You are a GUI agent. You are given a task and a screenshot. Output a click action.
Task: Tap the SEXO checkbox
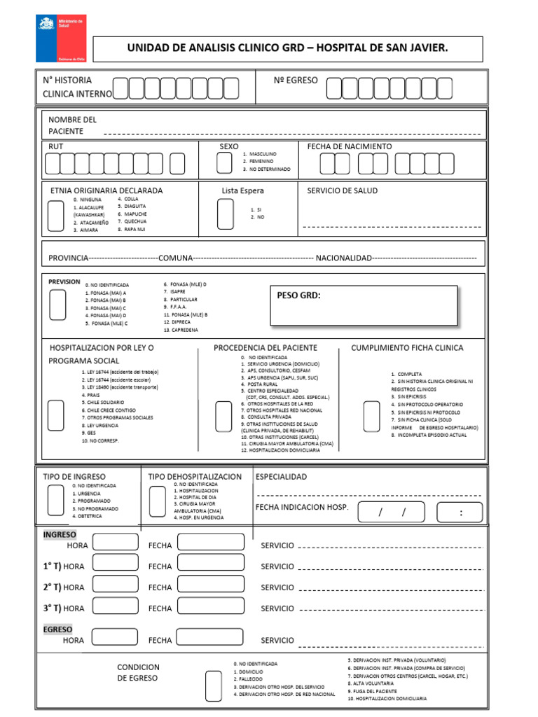[224, 162]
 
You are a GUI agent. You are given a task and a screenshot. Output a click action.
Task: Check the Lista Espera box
[225, 214]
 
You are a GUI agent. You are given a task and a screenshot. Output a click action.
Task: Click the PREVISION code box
[57, 305]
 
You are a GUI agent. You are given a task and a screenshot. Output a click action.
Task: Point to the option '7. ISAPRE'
[176, 291]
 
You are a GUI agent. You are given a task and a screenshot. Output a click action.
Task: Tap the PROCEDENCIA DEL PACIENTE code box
[223, 417]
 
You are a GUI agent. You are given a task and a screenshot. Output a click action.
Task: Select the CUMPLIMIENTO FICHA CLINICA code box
[371, 416]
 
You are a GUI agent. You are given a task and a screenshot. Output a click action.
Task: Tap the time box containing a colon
[460, 513]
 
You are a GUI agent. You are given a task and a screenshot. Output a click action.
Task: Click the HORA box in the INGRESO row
[115, 542]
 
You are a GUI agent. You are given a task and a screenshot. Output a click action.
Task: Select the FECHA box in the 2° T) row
[210, 585]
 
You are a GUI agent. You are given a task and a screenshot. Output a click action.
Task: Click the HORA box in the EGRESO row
[115, 637]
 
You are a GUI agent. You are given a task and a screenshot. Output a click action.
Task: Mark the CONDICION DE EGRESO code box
[213, 685]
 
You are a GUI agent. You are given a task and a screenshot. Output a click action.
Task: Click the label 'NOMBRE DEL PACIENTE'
[72, 125]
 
